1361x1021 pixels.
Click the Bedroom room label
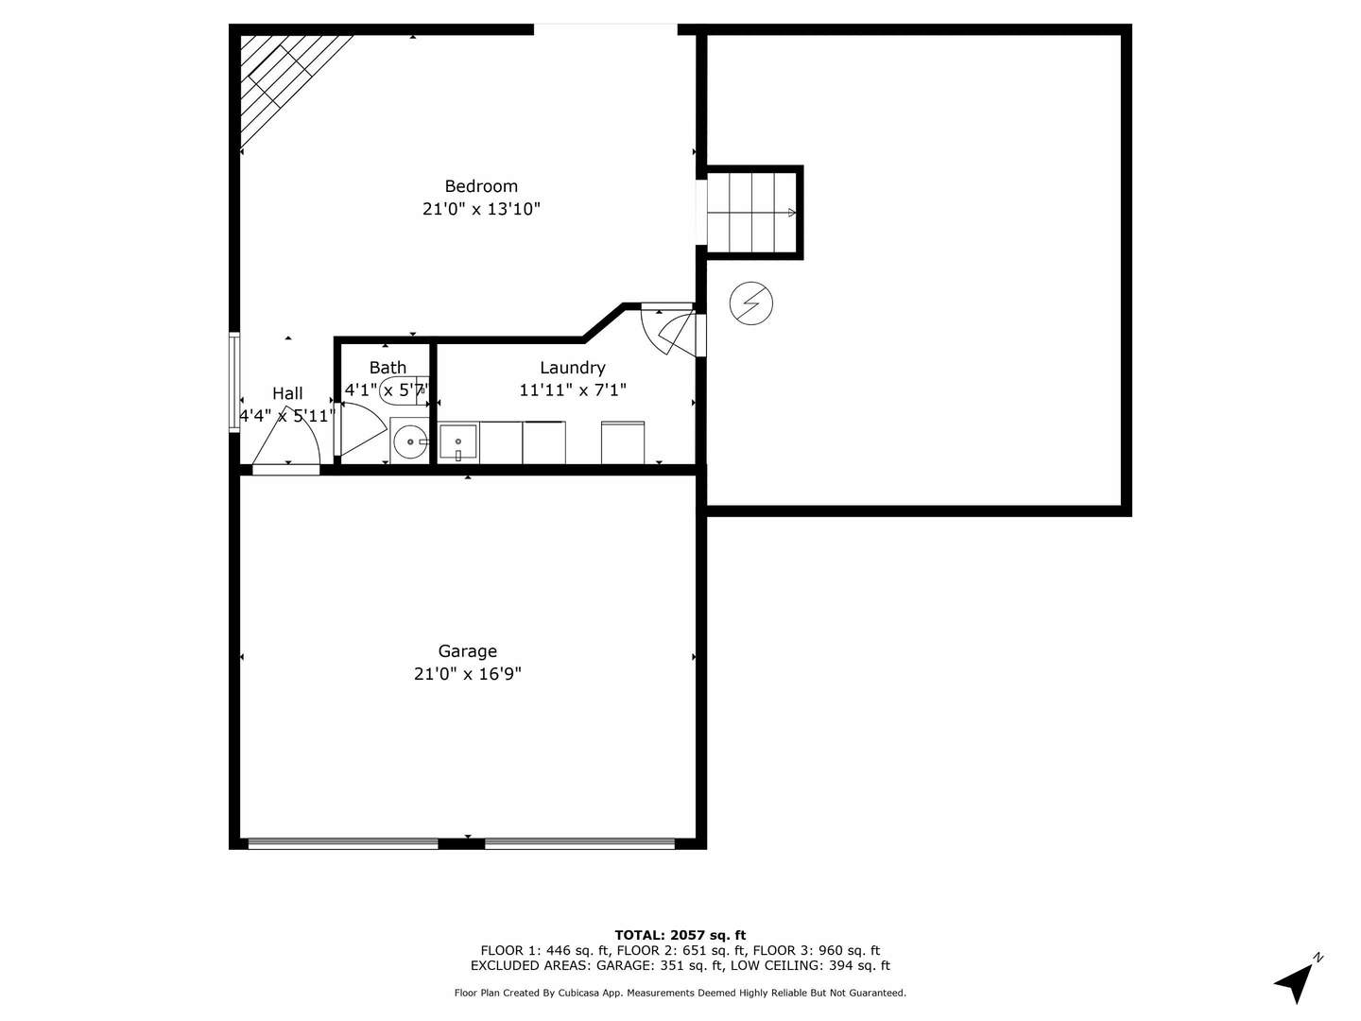click(x=481, y=186)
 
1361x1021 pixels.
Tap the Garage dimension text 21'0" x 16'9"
click(x=467, y=674)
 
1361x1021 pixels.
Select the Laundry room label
click(x=572, y=368)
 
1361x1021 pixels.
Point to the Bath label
click(x=388, y=368)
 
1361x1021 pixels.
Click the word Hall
click(x=287, y=393)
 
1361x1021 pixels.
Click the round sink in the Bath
click(x=409, y=441)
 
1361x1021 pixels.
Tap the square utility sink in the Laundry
click(x=458, y=442)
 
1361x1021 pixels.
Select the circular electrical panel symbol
click(x=751, y=303)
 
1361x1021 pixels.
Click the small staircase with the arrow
click(x=753, y=213)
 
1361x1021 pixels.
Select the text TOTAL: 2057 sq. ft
click(x=680, y=936)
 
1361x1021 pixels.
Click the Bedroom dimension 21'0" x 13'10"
click(x=481, y=209)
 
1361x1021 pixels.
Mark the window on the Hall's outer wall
click(x=234, y=382)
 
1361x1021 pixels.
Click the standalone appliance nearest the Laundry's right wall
click(x=623, y=442)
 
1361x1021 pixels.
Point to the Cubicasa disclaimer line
click(x=680, y=993)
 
